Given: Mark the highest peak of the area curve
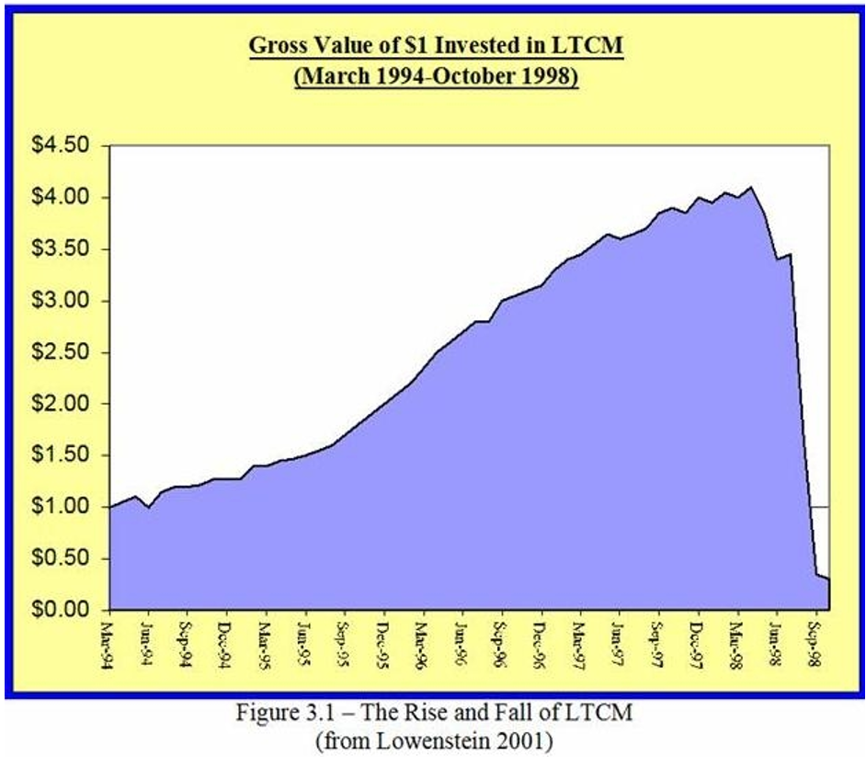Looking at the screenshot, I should click(752, 188).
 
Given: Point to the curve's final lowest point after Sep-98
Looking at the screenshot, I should click(827, 579).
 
